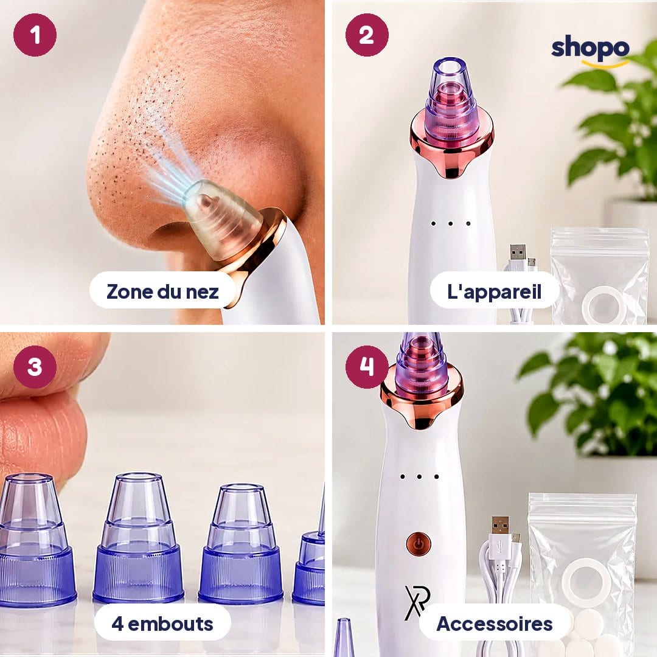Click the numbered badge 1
pos(35,35)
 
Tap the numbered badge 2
pos(367,35)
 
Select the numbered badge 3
pos(35,367)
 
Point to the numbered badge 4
pos(367,367)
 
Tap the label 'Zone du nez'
pos(162,291)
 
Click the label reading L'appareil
pos(495,291)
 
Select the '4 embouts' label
pos(162,624)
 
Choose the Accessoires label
pos(495,624)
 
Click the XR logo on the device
pos(417,602)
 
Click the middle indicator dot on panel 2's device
pos(450,224)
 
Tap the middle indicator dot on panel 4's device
pos(419,476)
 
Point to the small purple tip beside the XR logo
pos(344,637)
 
